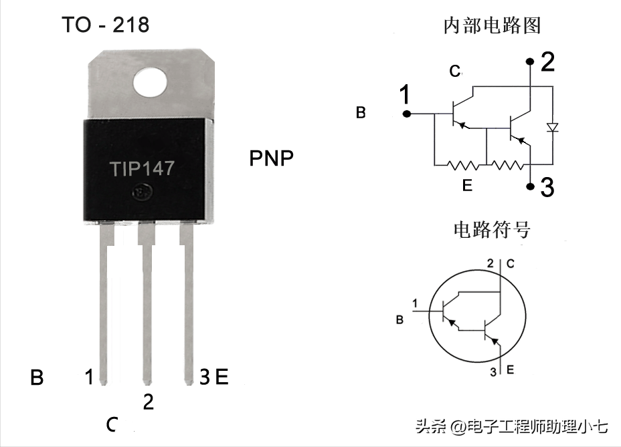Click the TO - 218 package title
[x=105, y=25]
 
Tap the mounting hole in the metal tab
[x=150, y=82]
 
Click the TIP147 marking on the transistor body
[x=142, y=168]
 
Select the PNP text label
[x=271, y=158]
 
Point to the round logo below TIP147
[x=143, y=192]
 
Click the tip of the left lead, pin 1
[x=103, y=383]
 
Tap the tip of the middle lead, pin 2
[x=147, y=383]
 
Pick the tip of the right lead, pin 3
[x=189, y=383]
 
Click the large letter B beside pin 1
[x=37, y=378]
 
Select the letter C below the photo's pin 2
[x=112, y=424]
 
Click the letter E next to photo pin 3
[x=221, y=377]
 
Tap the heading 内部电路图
[x=492, y=25]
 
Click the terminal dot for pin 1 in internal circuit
[x=406, y=114]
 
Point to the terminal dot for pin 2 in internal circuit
[x=530, y=61]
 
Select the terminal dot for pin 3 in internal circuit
[x=530, y=186]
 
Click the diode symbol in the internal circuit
[x=553, y=127]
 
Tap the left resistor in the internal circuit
[x=462, y=164]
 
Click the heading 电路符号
[x=492, y=230]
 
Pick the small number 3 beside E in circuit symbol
[x=493, y=372]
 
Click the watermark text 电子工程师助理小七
[x=537, y=427]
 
